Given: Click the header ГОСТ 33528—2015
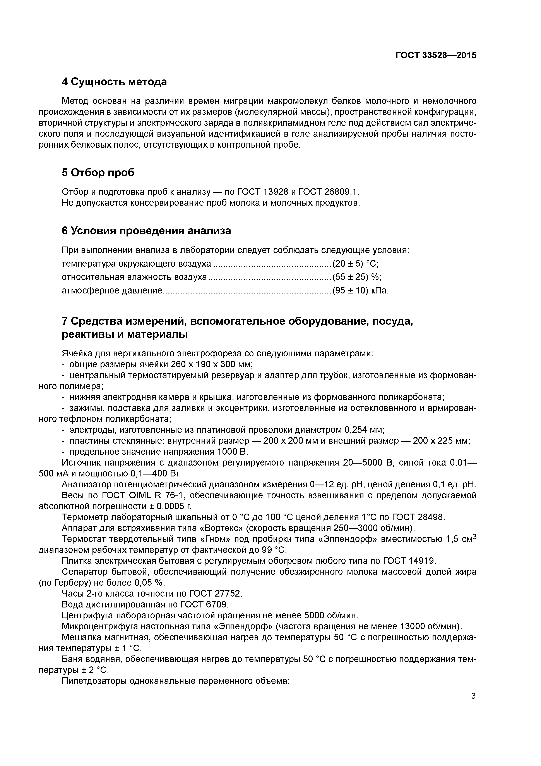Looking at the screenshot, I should pos(436,55).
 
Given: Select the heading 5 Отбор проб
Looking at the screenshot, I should pos(98,173).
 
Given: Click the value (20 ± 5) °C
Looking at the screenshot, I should pos(355,264).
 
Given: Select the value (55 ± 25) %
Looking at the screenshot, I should pos(357,277).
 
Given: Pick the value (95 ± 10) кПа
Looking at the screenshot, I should pos(361,291).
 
